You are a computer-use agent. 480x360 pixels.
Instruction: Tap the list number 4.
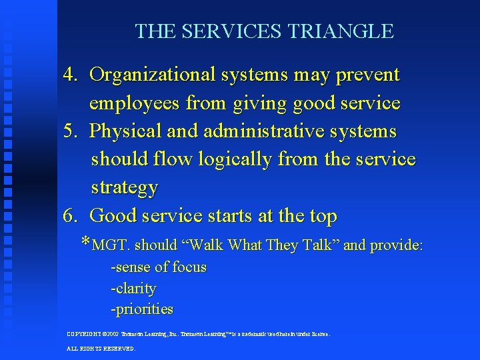click(70, 75)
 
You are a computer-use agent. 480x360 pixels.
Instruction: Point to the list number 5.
click(70, 131)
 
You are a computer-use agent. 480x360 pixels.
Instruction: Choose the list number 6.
click(70, 216)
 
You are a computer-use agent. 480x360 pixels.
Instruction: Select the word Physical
click(126, 131)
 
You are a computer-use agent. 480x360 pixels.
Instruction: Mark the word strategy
click(125, 188)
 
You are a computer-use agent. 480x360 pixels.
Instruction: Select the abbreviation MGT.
click(111, 245)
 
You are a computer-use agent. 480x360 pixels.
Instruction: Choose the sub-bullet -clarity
click(133, 289)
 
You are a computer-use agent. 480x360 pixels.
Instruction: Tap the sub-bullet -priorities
click(142, 309)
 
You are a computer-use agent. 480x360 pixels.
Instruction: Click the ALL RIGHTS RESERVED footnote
click(101, 348)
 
